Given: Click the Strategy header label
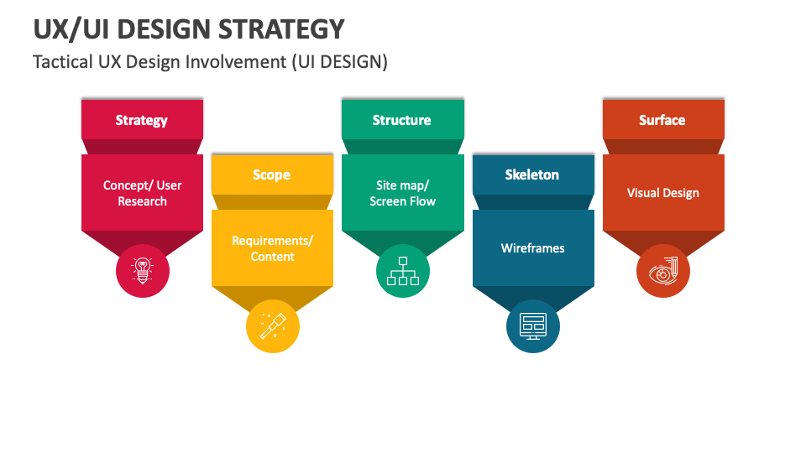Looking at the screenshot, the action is click(x=141, y=121).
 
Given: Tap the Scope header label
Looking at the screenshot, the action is click(x=271, y=175).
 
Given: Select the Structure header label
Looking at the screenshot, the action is click(x=401, y=120).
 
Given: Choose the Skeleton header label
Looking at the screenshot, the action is click(x=531, y=174).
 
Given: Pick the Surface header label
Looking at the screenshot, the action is click(x=662, y=120).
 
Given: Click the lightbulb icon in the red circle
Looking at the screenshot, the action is click(x=143, y=271).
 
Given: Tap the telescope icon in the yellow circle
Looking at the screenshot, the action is click(x=272, y=326).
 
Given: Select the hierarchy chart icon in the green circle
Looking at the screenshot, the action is click(x=403, y=271).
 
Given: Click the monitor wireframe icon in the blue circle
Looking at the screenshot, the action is click(x=533, y=326).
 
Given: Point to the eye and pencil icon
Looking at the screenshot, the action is click(x=663, y=271).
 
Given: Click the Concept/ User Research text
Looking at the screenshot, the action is click(x=143, y=193).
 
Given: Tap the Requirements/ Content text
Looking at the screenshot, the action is click(x=272, y=248).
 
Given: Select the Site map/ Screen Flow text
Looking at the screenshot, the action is click(x=402, y=193).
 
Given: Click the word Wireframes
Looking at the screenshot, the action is click(x=532, y=248).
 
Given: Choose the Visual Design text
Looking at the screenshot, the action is click(x=662, y=193).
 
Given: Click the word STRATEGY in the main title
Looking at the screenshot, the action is click(x=281, y=29).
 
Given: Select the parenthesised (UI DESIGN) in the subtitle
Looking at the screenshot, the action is click(x=340, y=62).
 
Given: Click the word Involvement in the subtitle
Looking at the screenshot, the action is click(x=236, y=61).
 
